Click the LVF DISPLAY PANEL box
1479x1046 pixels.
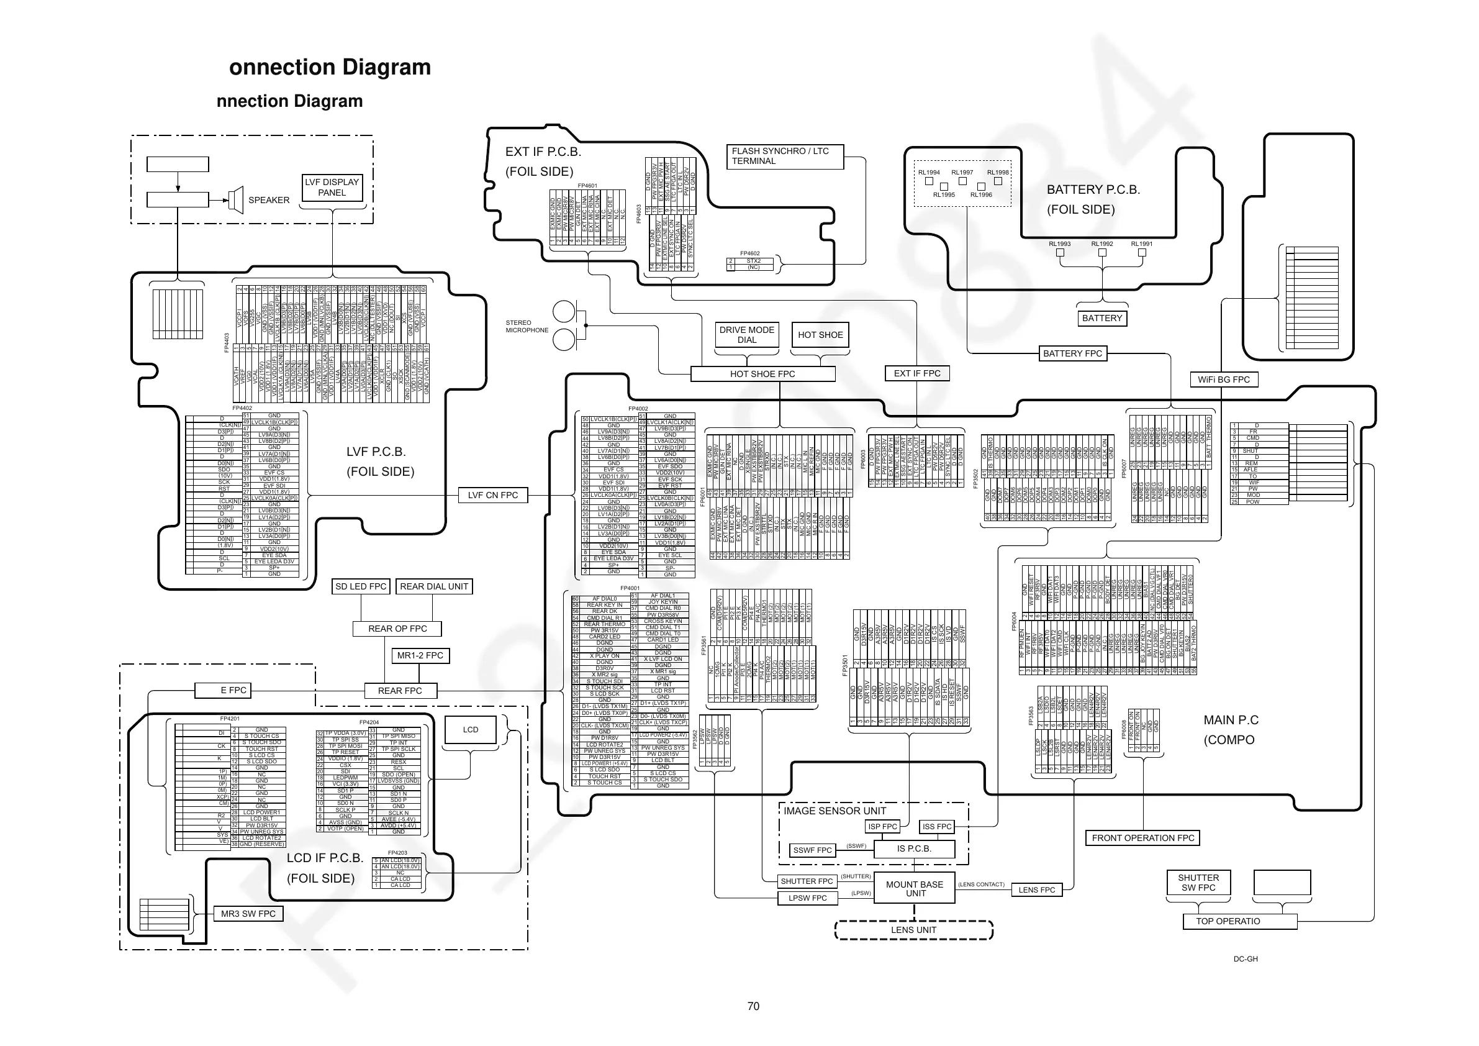332,188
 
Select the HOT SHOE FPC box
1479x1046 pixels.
762,374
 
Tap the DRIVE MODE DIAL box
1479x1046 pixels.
746,335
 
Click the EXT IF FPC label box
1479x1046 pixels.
916,373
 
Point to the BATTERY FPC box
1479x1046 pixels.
1072,353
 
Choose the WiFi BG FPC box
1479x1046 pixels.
1223,380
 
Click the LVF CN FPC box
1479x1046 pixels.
493,495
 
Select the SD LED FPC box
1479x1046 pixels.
361,586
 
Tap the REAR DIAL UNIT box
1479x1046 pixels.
433,586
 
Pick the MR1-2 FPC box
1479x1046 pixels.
420,655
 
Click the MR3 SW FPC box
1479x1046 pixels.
248,914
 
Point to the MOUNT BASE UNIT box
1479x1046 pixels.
914,889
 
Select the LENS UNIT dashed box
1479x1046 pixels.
913,930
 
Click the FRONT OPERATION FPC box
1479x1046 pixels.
1142,838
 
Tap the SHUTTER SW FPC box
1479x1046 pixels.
1198,882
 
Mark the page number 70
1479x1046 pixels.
753,1006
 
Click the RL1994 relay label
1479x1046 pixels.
929,173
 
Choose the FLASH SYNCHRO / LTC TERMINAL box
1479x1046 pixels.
785,156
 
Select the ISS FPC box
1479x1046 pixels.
936,826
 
